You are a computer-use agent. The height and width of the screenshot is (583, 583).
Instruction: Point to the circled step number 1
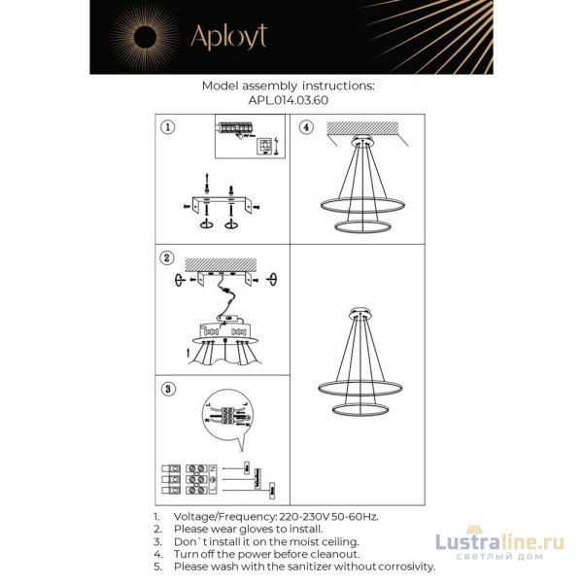click(167, 127)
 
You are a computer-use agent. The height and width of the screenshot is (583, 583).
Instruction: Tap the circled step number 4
click(305, 127)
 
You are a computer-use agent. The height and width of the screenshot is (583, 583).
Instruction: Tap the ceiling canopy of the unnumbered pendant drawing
click(362, 312)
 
